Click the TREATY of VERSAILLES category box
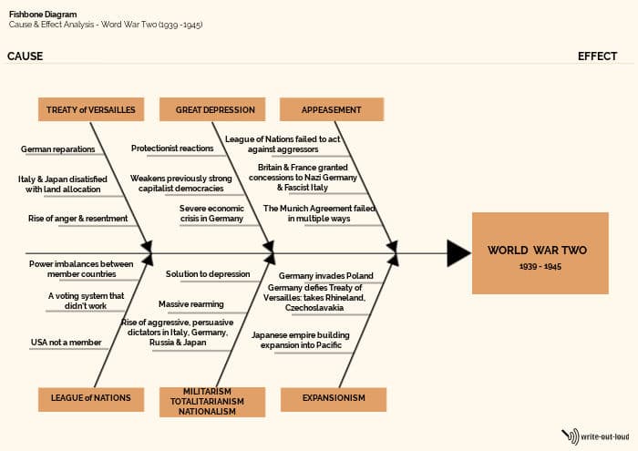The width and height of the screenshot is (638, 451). [x=90, y=109]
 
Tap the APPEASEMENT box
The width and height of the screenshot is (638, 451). [x=331, y=109]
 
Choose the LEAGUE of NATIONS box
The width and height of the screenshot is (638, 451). [x=90, y=398]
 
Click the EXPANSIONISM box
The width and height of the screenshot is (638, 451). [x=333, y=398]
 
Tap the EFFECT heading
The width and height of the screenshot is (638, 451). [x=597, y=56]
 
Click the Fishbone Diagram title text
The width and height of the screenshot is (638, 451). [x=42, y=15]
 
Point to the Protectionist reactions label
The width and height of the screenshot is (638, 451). [x=172, y=149]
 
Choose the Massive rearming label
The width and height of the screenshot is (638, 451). [x=190, y=304]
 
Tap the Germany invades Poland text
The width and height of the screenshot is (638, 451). [x=325, y=275]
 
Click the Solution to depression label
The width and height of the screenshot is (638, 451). [x=207, y=274]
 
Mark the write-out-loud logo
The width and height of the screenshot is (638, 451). [x=595, y=436]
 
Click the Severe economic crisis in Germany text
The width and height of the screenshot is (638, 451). [x=211, y=213]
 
